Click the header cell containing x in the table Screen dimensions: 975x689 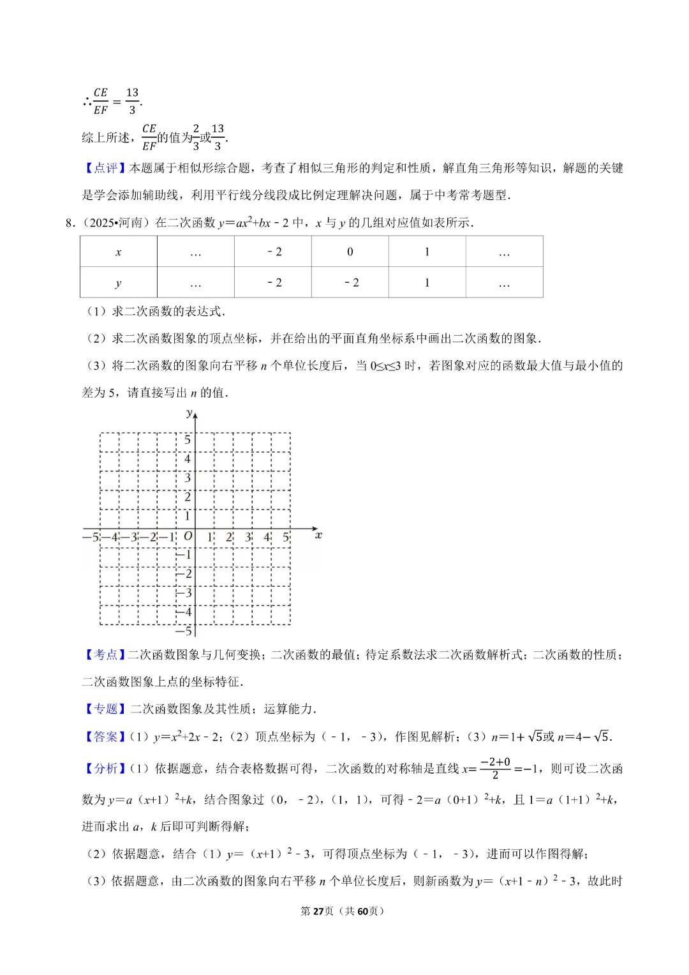point(118,252)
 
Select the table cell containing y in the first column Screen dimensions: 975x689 point(118,283)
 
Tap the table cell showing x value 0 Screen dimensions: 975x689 point(350,252)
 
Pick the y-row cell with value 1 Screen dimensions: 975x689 point(427,283)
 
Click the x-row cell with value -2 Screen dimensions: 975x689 point(273,252)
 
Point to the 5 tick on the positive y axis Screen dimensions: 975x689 point(188,440)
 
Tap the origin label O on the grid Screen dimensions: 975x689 point(188,536)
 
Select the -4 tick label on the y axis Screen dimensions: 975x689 point(184,612)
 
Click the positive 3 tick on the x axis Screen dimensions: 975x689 point(248,538)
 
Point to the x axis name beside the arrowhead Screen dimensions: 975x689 point(318,535)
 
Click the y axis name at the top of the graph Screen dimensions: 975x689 point(189,413)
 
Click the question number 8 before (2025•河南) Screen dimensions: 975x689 point(70,223)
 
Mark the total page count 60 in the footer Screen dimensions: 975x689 point(362,911)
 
